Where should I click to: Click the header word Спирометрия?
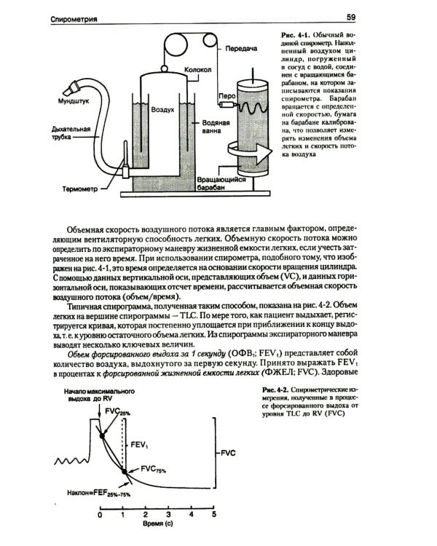click(81, 16)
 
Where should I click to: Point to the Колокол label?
click(197, 71)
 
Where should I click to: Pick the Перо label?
click(225, 95)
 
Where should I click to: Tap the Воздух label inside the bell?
click(162, 109)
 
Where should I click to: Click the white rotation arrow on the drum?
click(252, 151)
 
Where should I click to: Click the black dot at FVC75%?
click(125, 472)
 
